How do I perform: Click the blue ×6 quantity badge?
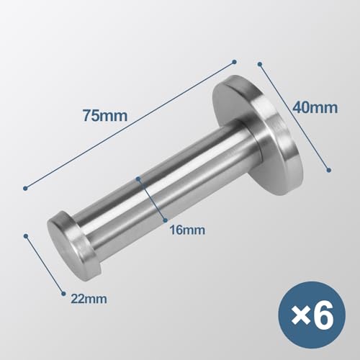(x=316, y=317)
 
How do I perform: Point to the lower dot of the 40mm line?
(x=328, y=171)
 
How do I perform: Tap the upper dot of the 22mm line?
(x=27, y=234)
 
